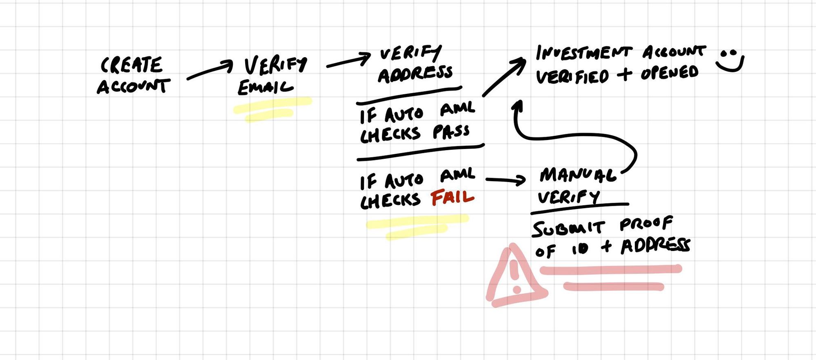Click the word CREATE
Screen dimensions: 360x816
tap(131, 66)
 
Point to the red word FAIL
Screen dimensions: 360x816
tap(452, 198)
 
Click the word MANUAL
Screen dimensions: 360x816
tap(578, 175)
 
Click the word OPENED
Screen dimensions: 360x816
tap(669, 73)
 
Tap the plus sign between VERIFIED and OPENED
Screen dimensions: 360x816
tap(624, 74)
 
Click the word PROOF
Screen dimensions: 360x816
tap(646, 224)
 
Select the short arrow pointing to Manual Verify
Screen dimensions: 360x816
tap(506, 180)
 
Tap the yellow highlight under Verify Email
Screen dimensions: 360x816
tap(271, 109)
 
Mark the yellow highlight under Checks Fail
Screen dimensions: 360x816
tap(416, 226)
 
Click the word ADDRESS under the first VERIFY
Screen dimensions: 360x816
tap(415, 74)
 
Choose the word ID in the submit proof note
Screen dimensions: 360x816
tap(580, 249)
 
